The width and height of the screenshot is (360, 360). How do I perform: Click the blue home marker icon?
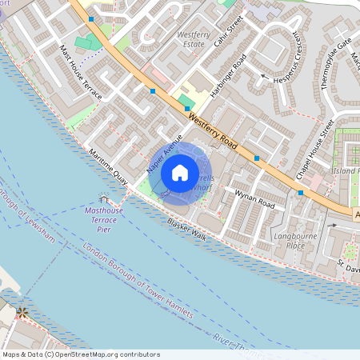180,172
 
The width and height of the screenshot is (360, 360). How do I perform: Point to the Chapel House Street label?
314,149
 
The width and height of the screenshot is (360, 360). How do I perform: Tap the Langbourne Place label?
300,240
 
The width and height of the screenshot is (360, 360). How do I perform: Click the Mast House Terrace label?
81,73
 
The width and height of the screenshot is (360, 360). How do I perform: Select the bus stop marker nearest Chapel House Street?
301,193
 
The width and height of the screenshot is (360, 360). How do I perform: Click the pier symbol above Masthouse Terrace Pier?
103,198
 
